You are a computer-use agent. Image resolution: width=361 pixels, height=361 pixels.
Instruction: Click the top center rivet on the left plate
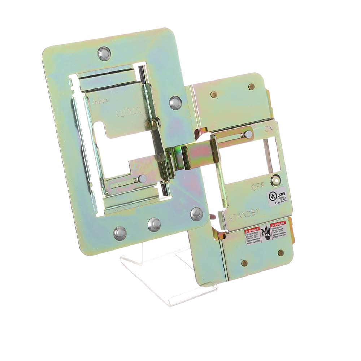point(104,53)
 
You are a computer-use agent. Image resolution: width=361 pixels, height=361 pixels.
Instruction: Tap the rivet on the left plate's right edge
point(175,103)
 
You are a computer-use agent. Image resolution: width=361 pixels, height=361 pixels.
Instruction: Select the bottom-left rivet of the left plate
point(120,233)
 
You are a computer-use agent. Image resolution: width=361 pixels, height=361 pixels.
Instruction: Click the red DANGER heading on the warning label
point(252,230)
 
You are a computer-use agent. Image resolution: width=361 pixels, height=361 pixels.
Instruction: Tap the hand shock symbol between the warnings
point(266,233)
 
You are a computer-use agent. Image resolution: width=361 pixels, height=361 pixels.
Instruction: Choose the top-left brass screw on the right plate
point(214,95)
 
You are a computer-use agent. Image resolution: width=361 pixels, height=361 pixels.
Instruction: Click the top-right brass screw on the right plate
point(251,87)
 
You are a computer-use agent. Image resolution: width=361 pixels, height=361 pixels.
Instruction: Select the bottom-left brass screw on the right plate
point(244,263)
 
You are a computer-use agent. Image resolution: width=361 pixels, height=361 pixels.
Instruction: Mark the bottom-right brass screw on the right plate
point(280,253)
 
